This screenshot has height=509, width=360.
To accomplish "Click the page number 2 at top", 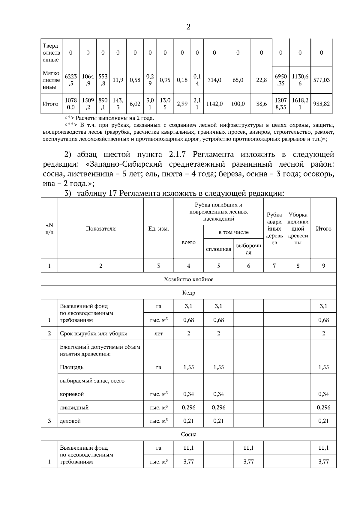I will click(x=188, y=27).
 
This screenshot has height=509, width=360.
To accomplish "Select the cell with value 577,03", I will click(x=321, y=80).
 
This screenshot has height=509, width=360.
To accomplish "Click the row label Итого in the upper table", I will click(x=50, y=104).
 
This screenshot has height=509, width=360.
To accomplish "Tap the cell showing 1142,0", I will click(x=214, y=104).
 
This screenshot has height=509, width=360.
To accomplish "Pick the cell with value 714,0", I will click(x=214, y=80).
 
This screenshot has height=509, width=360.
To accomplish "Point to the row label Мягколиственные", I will click(x=51, y=80).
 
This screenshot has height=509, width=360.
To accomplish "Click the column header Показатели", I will click(x=100, y=228).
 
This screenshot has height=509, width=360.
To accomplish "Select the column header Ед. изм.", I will click(x=158, y=229).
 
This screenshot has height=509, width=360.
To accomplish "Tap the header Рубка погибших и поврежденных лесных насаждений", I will click(x=218, y=212).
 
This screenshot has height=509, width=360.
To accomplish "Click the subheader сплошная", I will click(x=218, y=249).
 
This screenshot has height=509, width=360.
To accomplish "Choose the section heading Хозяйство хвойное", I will click(x=188, y=279).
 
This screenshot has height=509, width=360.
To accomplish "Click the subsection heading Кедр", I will click(x=188, y=293).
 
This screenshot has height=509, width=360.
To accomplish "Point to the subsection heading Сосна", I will click(x=188, y=434).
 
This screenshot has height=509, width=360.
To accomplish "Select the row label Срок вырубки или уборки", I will click(x=94, y=333).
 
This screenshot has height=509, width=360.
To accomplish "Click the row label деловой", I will click(x=70, y=421).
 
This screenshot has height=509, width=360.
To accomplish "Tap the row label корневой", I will click(x=72, y=394).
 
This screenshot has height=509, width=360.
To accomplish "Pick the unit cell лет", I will click(x=158, y=333).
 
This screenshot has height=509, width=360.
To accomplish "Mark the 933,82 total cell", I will click(x=321, y=104).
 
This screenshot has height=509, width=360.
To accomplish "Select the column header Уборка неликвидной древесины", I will click(x=298, y=228).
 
